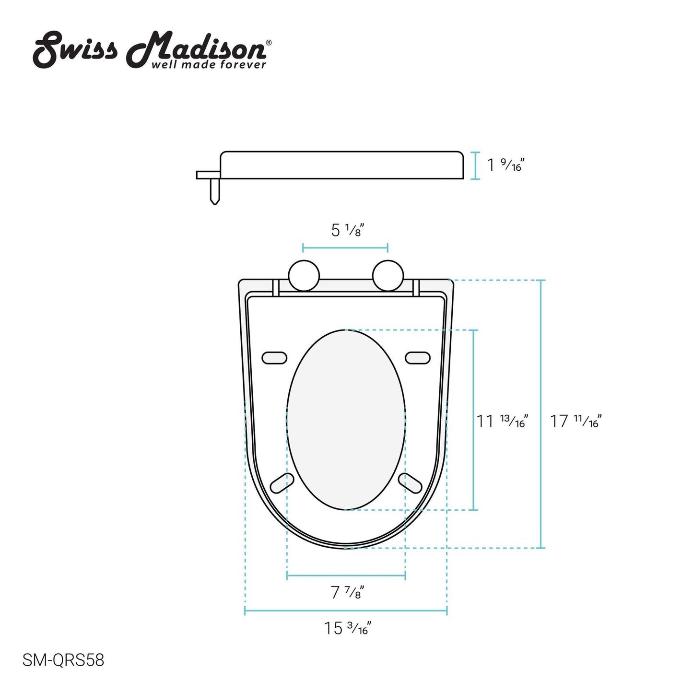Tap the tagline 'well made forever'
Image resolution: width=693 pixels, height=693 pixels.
point(208,65)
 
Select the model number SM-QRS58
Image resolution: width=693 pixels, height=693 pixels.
point(63,660)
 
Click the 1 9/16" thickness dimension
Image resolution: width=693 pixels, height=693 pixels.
point(505,165)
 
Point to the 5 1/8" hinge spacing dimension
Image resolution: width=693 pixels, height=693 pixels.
point(345,231)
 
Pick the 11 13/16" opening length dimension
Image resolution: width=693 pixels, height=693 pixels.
point(502,421)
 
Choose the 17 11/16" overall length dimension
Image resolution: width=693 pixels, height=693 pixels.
point(575,421)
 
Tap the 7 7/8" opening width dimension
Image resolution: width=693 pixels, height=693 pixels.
point(347,593)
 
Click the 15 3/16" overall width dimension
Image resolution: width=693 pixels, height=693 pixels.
point(347,628)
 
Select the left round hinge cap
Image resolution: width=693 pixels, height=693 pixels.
point(304,275)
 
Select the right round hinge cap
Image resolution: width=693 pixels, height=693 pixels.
point(388,275)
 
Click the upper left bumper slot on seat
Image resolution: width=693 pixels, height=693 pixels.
point(274,358)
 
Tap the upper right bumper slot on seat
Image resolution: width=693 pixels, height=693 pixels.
point(418,358)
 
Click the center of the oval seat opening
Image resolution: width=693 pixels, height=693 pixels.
point(346,420)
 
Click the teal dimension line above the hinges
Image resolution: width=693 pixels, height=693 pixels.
point(345,248)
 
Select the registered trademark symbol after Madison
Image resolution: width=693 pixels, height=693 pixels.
point(269,43)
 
